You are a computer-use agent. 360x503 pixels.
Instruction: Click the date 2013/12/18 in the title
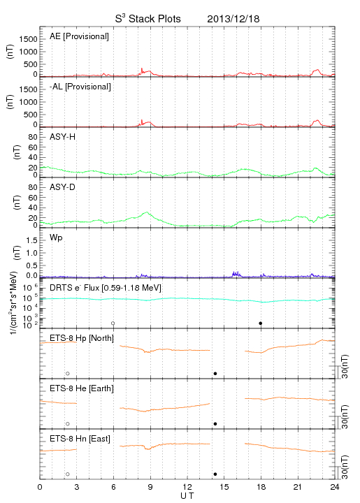point(233,19)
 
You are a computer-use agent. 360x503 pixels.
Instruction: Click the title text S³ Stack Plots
point(148,19)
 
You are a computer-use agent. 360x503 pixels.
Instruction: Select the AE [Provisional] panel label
point(79,36)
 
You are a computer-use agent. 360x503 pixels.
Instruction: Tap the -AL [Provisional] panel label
point(80,87)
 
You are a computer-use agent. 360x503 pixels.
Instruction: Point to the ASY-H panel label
point(63,137)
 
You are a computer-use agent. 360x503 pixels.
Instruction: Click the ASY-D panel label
point(63,187)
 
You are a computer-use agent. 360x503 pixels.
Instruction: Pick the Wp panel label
point(56,238)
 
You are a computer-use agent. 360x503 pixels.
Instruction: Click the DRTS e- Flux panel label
point(106,288)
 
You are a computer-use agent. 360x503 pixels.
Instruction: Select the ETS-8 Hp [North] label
point(82,338)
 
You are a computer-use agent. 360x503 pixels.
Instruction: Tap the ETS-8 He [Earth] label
point(82,388)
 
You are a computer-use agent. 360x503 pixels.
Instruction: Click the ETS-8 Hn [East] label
point(80,439)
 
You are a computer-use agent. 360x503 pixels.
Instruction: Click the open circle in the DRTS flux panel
point(113,323)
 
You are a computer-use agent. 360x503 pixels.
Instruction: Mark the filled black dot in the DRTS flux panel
point(261,323)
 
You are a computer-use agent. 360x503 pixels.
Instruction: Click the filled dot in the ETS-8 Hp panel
point(215,373)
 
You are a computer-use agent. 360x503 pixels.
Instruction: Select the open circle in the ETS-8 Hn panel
point(68,474)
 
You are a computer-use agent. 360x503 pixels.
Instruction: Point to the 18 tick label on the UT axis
point(261,487)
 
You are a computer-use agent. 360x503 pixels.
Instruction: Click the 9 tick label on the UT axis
point(150,487)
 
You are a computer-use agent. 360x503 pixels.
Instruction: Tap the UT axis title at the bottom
point(187,496)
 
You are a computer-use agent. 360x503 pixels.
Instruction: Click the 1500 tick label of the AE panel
point(28,39)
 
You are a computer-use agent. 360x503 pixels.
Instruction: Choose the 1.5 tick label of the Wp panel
point(31,240)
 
